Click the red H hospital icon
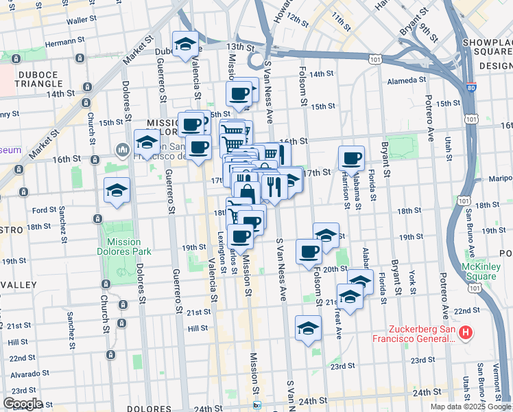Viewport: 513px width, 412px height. [x=466, y=333]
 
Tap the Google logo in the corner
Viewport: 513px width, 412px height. [x=23, y=404]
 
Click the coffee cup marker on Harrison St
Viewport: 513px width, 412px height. [x=351, y=158]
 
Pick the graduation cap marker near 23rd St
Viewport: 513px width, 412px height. [x=308, y=328]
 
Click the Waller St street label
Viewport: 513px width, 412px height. [x=80, y=21]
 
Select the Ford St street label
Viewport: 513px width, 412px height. [x=43, y=210]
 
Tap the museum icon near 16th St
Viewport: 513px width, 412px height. [x=122, y=148]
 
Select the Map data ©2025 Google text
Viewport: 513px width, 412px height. [x=470, y=407]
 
